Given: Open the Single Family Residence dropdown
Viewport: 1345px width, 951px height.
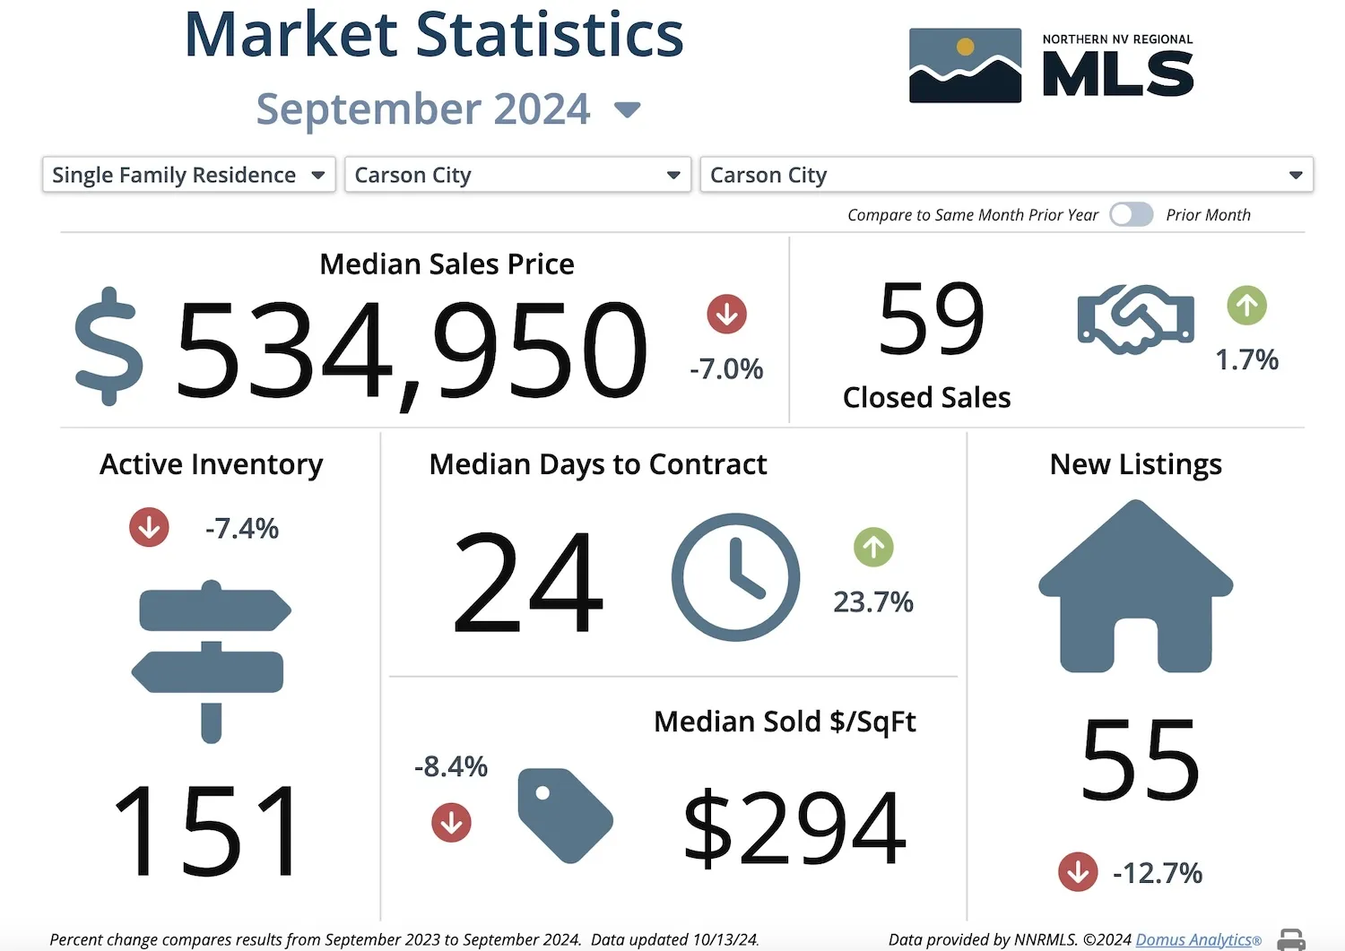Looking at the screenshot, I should point(188,175).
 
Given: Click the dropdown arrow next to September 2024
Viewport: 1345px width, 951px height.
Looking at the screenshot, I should point(627,110).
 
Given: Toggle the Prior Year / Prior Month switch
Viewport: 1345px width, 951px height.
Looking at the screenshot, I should point(1131,215).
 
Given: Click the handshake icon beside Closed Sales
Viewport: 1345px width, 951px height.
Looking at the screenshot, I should point(1135,319).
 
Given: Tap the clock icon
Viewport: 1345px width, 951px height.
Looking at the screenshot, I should point(735,577).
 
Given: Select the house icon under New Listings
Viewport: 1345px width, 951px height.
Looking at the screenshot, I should point(1136,587).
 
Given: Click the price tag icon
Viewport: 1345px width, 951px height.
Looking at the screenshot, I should point(565,815).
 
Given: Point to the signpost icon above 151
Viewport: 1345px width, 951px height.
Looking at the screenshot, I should point(212,661).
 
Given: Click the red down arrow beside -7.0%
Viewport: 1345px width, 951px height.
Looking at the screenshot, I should point(726,315).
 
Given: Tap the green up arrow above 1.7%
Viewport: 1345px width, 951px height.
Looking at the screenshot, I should point(1246,306).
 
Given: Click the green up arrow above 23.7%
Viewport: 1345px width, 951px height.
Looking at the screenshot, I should point(873,548).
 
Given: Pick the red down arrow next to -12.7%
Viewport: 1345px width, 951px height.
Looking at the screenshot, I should point(1077,871).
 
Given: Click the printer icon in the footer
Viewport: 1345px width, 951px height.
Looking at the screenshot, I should point(1291,939).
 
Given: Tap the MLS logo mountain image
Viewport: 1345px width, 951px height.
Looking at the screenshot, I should point(965,65).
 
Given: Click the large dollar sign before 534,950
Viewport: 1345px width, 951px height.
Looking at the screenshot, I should point(108,347).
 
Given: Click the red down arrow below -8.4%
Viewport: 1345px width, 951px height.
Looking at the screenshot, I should point(451,822).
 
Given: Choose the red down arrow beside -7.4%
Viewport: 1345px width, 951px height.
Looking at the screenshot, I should point(149,527).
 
